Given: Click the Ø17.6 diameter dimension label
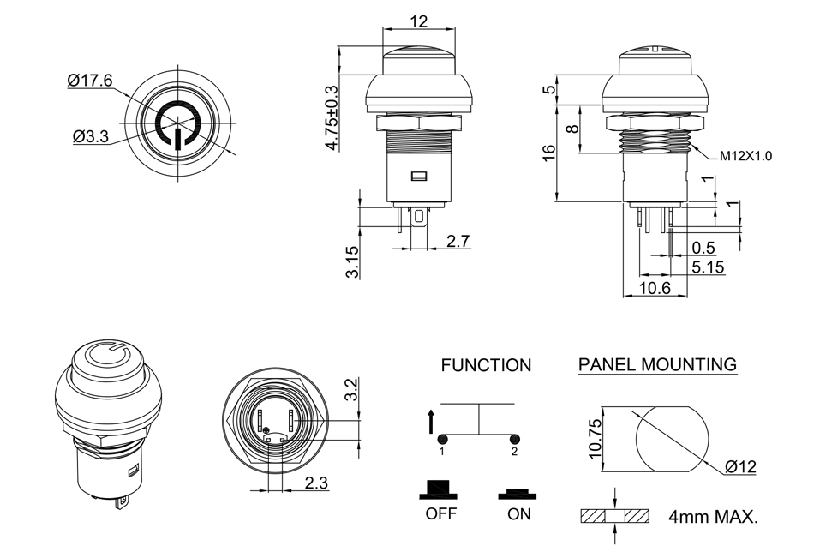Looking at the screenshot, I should [90, 81].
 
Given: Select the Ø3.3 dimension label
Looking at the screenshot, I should [91, 135].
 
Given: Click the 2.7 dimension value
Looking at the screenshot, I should [458, 241].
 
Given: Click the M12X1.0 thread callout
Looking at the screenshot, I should [745, 156].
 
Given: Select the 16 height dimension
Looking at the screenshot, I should [549, 153].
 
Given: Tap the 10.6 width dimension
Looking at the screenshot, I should [655, 288].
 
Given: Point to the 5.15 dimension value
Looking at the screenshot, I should [708, 267].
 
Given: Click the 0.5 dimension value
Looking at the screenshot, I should [703, 248].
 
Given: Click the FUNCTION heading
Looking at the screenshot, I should [486, 365].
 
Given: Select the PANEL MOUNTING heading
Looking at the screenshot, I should [657, 364].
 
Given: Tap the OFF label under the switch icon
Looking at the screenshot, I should [440, 514].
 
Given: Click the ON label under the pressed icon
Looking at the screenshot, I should [518, 514].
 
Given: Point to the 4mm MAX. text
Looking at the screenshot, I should [715, 517].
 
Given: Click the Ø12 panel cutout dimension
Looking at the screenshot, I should [740, 466].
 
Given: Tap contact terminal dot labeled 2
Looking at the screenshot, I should [514, 439].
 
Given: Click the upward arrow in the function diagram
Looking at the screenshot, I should [429, 421].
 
